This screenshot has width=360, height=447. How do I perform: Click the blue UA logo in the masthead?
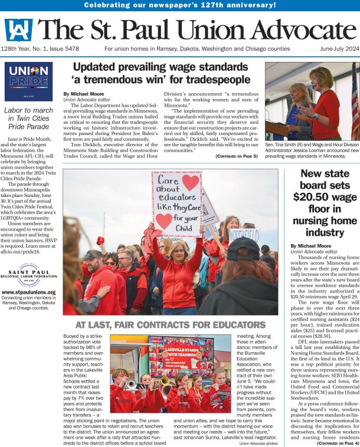19,29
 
